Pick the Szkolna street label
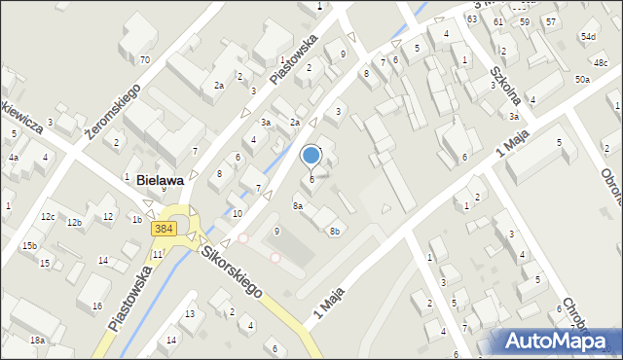click(x=513, y=85)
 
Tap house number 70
click(x=144, y=60)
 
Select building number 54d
click(x=588, y=37)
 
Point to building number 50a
click(x=582, y=79)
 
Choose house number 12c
click(x=48, y=216)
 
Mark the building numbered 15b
click(x=30, y=245)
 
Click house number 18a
click(x=37, y=340)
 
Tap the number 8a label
click(x=299, y=206)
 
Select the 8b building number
click(x=334, y=231)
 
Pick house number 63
click(x=471, y=18)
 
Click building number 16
click(x=96, y=306)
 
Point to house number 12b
click(x=74, y=223)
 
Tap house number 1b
click(x=136, y=220)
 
